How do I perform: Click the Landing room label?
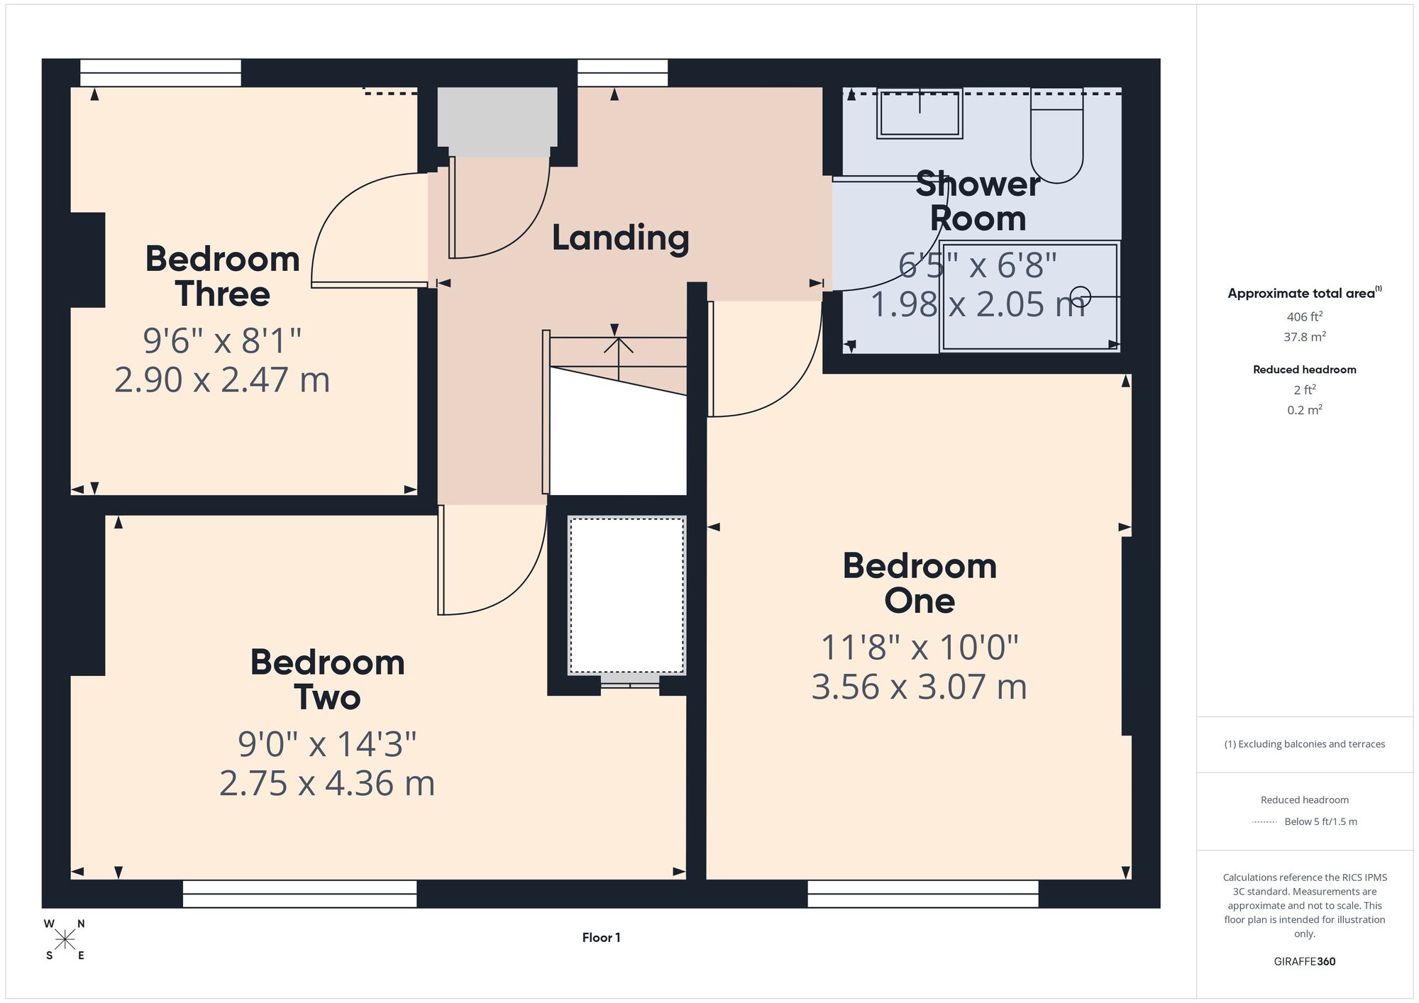620,238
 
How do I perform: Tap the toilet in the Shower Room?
1056,135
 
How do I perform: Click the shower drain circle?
1080,296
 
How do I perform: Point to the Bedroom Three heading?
222,276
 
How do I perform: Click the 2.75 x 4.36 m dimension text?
327,784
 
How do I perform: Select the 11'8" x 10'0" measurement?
920,647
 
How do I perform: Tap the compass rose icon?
65,940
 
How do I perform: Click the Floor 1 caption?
601,938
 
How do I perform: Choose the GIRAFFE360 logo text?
1304,962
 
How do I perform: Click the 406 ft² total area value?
1304,317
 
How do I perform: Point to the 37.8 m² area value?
1304,337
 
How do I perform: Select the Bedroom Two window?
299,894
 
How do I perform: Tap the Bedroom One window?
922,894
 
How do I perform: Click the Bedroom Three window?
160,73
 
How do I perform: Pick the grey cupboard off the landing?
497,121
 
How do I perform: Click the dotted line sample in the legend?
1264,822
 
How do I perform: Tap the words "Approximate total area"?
1301,294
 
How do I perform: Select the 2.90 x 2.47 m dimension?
222,380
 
